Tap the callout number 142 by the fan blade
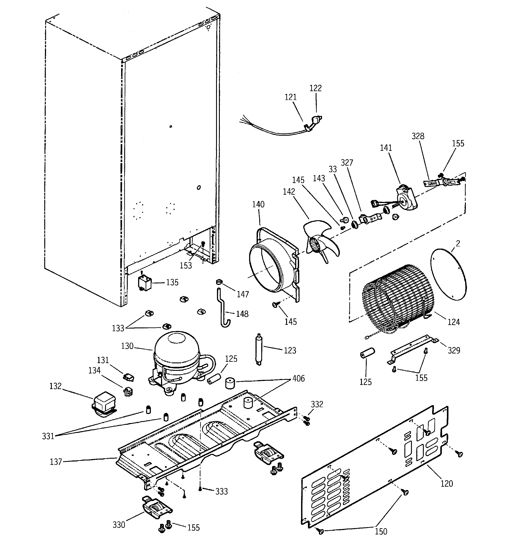[x=289, y=192]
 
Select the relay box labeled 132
[x=104, y=404]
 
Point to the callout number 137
[x=56, y=462]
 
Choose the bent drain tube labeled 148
[x=224, y=310]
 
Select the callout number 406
[x=298, y=378]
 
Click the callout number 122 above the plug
[x=315, y=88]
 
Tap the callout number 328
[x=418, y=136]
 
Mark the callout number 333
[x=221, y=491]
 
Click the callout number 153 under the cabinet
[x=186, y=265]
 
